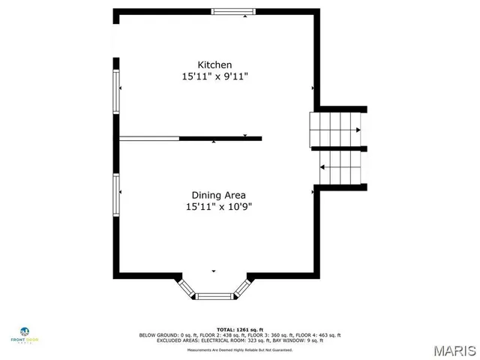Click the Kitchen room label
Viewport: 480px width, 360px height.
coord(214,64)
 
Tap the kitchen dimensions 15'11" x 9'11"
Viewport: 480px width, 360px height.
coord(214,76)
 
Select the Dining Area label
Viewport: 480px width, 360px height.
coord(218,195)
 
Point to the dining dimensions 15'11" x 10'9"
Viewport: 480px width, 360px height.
coord(218,207)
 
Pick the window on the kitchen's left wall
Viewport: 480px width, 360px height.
coord(115,92)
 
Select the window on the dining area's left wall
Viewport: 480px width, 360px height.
coord(115,195)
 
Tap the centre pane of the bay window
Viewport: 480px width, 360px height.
coord(214,297)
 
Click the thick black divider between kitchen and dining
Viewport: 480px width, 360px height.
coord(220,138)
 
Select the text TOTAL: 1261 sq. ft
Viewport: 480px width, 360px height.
coord(240,330)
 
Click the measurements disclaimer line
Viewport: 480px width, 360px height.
coord(240,350)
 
